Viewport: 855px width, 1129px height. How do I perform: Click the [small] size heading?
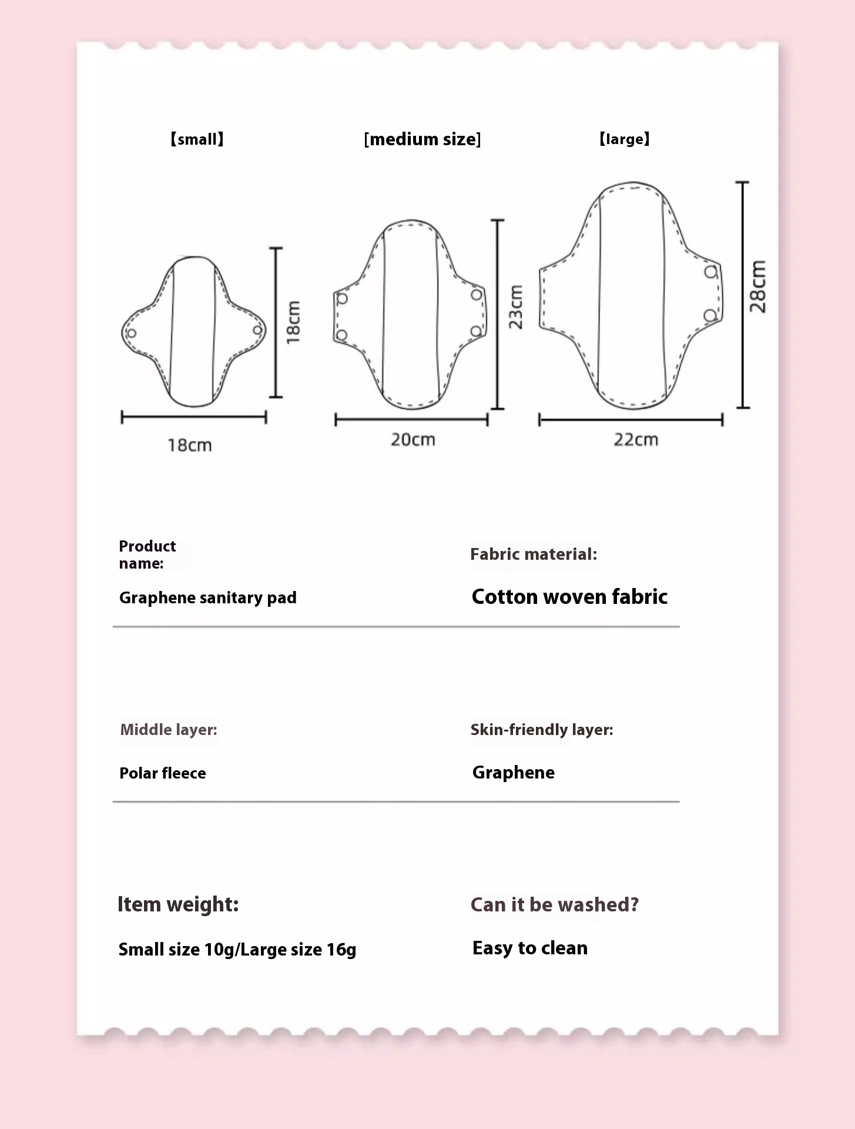pyautogui.click(x=197, y=139)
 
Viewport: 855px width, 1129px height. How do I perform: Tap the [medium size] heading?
pyautogui.click(x=422, y=139)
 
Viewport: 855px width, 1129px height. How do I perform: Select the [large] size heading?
pyautogui.click(x=624, y=139)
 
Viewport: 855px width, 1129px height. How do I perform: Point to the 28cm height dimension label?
pyautogui.click(x=758, y=286)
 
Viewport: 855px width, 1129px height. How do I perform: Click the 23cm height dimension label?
pyautogui.click(x=515, y=307)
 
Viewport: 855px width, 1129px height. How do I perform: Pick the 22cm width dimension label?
pyautogui.click(x=636, y=439)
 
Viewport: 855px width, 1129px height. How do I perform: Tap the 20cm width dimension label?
pyautogui.click(x=413, y=439)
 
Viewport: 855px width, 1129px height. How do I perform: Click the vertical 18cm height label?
pyautogui.click(x=293, y=322)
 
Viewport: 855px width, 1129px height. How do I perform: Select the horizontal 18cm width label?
pyautogui.click(x=189, y=445)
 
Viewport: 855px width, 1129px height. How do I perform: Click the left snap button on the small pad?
pyautogui.click(x=132, y=333)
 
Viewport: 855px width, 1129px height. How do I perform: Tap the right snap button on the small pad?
pyautogui.click(x=257, y=330)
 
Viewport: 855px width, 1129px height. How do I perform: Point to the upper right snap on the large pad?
pyautogui.click(x=711, y=272)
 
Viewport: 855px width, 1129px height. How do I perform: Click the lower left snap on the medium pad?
pyautogui.click(x=341, y=336)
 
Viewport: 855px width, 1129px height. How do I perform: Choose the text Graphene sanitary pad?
pyautogui.click(x=207, y=597)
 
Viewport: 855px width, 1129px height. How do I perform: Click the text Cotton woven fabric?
pyautogui.click(x=569, y=596)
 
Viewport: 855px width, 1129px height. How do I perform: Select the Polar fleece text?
pyautogui.click(x=162, y=773)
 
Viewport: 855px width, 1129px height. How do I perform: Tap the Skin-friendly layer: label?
pyautogui.click(x=541, y=730)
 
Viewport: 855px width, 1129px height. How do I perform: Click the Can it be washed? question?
pyautogui.click(x=554, y=904)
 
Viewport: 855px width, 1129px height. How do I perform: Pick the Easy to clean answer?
pyautogui.click(x=529, y=948)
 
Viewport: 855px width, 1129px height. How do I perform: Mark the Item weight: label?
pyautogui.click(x=178, y=904)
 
